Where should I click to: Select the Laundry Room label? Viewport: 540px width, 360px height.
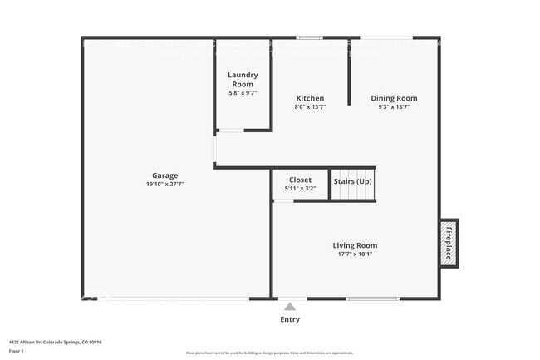(243, 80)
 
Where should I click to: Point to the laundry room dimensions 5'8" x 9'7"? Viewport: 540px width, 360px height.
(243, 93)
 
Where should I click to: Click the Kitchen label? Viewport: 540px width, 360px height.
(310, 98)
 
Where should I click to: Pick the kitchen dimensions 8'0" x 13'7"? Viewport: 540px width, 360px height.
(310, 106)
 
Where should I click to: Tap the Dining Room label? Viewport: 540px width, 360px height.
(394, 98)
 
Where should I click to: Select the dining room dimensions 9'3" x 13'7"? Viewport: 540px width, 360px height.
(394, 106)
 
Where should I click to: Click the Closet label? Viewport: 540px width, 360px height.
(300, 180)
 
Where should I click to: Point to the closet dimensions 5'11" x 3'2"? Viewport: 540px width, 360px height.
(300, 189)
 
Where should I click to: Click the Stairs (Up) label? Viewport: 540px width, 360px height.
(352, 180)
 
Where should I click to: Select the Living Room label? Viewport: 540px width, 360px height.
(355, 245)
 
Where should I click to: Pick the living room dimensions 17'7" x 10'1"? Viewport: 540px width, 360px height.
(355, 254)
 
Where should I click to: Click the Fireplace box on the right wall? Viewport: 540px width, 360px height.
(448, 243)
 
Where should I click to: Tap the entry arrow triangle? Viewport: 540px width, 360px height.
(290, 307)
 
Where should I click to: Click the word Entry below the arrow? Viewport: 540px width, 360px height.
(290, 319)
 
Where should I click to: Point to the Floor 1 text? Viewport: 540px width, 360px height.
(17, 351)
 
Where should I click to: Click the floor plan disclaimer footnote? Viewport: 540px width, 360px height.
(269, 353)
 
